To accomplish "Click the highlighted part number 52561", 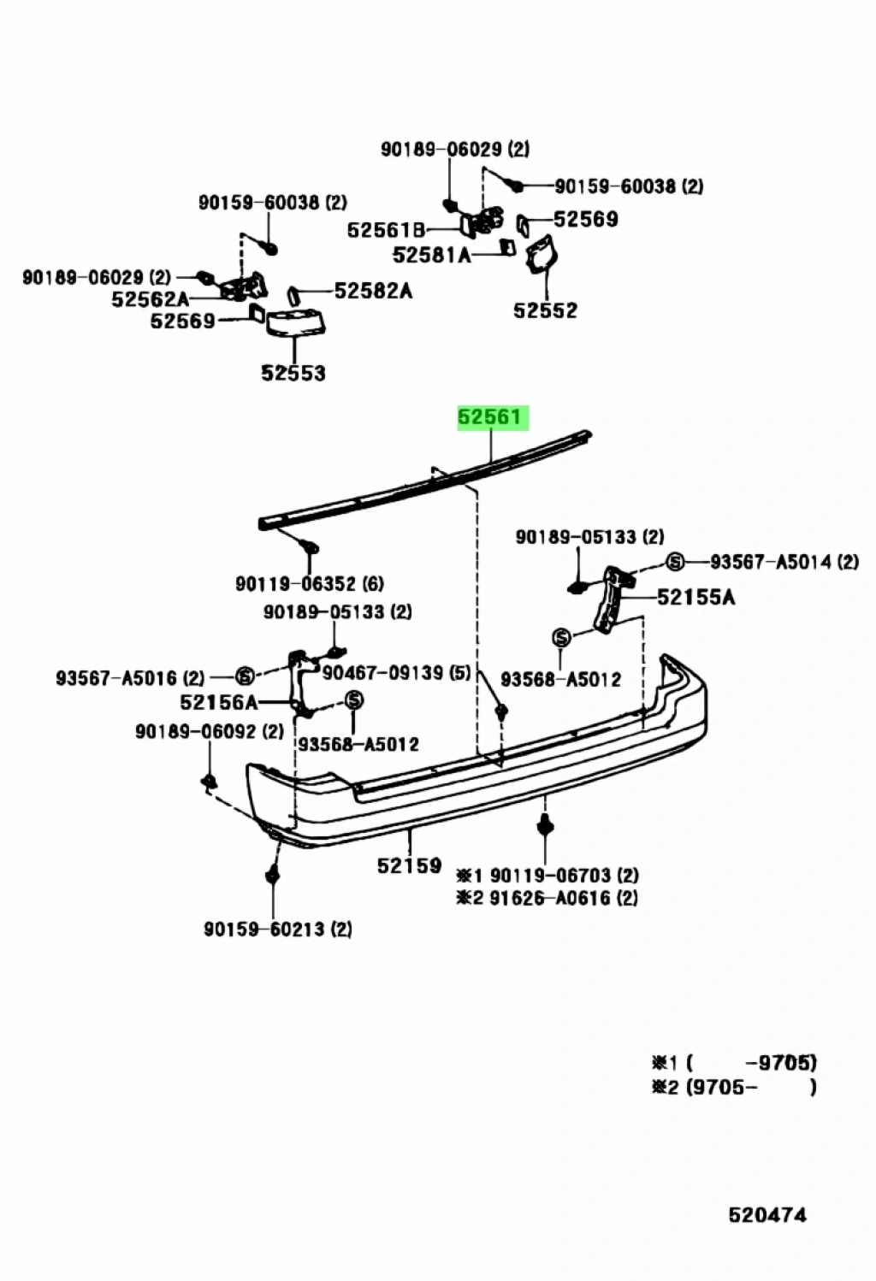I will coord(489,417).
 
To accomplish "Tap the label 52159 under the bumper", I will coord(409,865).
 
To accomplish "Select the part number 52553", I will coord(293,373).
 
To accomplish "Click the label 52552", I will coord(545,310).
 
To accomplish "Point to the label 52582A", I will coord(373,291).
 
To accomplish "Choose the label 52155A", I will coord(695,596).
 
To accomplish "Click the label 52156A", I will coord(218,702).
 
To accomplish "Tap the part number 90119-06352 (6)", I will coord(310,584).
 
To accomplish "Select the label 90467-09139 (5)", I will coord(396,673).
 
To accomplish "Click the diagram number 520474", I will coord(767,1214).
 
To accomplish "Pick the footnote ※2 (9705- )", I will coord(733,1088).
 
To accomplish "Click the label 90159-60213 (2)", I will coord(278,929).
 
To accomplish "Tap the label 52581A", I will coord(431,255).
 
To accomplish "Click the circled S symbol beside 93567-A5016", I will coord(245,676).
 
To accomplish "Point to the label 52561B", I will coord(386,230).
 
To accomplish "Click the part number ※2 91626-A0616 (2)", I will coord(547,897).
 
